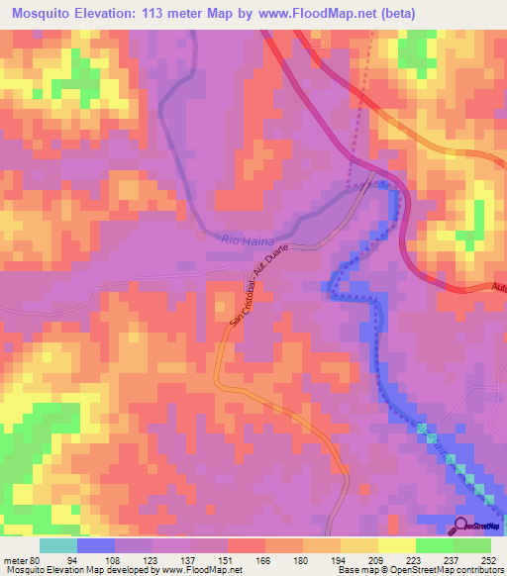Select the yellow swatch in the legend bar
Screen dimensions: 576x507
tap(395, 545)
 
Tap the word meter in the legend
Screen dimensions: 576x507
tap(14, 558)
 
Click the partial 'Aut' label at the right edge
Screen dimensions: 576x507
tap(498, 287)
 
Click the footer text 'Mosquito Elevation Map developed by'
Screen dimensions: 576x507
tap(80, 570)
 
